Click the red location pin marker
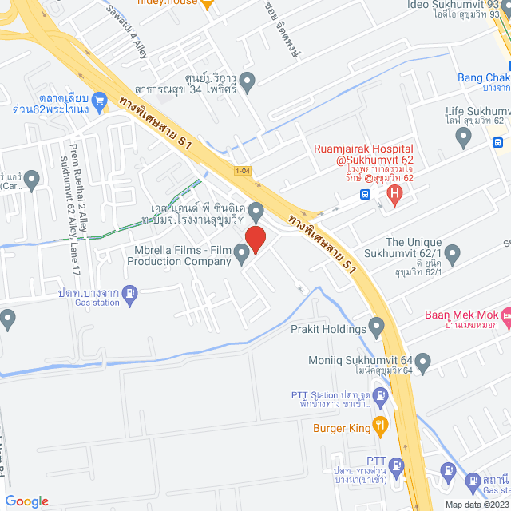[x=255, y=239]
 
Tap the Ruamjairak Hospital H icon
[x=393, y=192]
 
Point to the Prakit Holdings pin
[x=377, y=327]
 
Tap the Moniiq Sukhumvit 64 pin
[x=422, y=364]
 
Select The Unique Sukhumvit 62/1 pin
[x=453, y=256]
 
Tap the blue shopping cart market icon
[x=100, y=101]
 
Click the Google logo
[x=27, y=501]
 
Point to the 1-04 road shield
[x=243, y=171]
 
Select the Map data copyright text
[x=476, y=504]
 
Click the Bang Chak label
[x=482, y=77]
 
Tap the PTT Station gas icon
[x=382, y=395]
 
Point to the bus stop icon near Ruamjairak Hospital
[x=366, y=193]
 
